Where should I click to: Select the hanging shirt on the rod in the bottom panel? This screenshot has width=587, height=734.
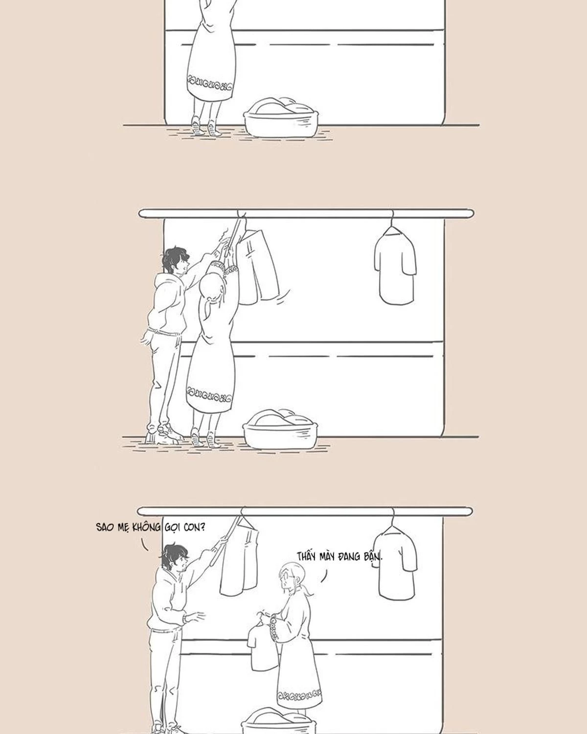(398, 563)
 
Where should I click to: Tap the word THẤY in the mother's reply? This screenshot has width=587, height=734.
(307, 556)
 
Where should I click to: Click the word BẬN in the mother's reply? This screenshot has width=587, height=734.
(373, 557)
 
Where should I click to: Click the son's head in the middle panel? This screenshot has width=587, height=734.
(175, 260)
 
